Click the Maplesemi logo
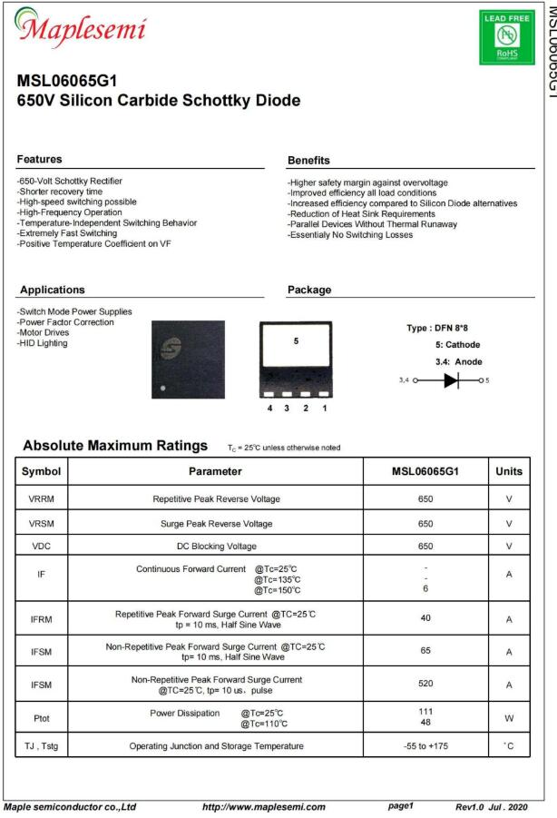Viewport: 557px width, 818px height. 80,29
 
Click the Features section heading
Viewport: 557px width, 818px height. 40,160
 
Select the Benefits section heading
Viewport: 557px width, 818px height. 308,161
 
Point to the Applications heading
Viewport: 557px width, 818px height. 52,290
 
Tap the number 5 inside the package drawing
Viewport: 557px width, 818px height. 296,341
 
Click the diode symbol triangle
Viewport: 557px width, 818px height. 451,380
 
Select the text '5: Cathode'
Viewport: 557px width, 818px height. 458,345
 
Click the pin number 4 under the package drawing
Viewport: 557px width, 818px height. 269,408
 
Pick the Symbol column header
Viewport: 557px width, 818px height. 42,471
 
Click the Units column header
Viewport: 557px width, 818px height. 509,471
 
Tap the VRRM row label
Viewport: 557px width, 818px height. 42,498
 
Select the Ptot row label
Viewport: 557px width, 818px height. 42,718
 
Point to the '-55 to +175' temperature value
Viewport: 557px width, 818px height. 425,746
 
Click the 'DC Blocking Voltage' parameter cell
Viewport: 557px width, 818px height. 216,547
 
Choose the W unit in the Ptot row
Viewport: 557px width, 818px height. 509,718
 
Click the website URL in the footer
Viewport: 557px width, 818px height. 263,806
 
